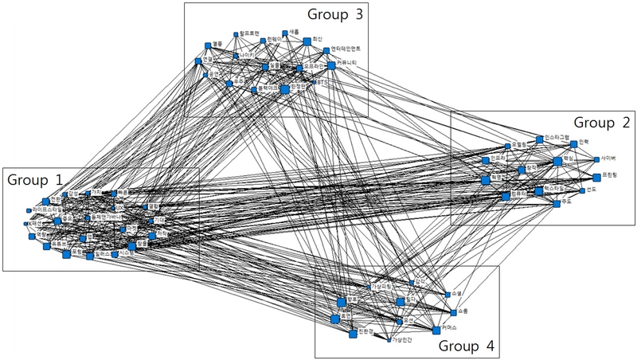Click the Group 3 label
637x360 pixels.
(336, 14)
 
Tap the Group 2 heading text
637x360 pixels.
(602, 123)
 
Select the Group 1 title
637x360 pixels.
(35, 180)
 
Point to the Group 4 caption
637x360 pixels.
(467, 346)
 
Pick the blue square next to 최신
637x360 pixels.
(307, 41)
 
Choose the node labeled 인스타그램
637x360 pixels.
(539, 139)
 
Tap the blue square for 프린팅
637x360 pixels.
(596, 175)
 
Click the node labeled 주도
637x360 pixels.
(556, 203)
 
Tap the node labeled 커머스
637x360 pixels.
(436, 329)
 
